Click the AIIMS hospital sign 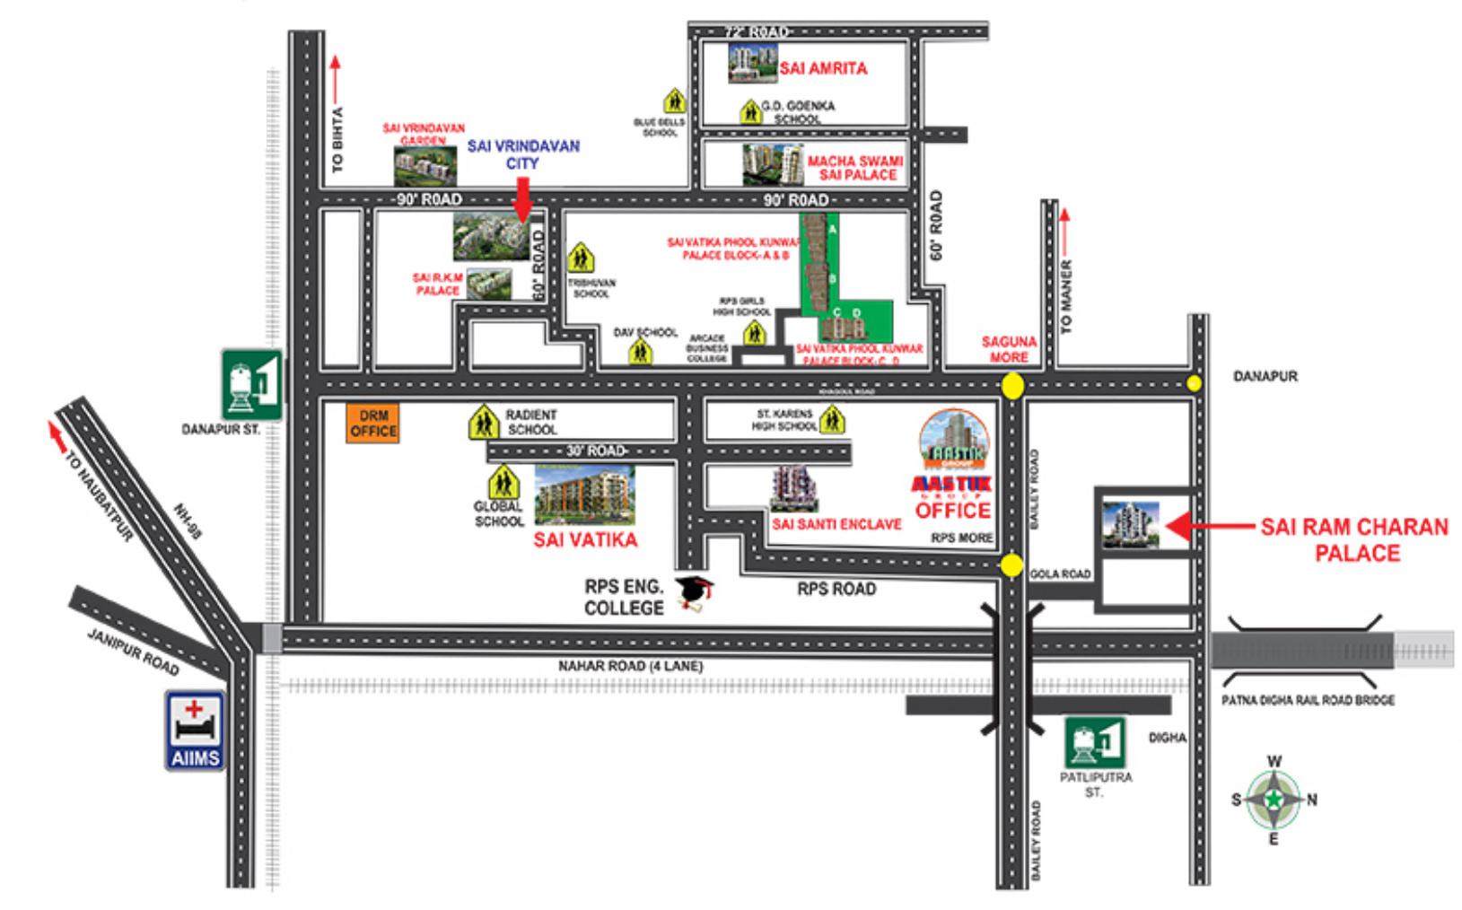[x=195, y=730]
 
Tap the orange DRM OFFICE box [x=373, y=423]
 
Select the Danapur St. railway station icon [x=252, y=384]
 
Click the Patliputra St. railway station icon [x=1094, y=742]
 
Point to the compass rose [x=1274, y=800]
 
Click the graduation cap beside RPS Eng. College [x=695, y=593]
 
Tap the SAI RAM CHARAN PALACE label [x=1354, y=539]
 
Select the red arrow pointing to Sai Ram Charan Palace [x=1208, y=526]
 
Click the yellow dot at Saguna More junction [x=1012, y=386]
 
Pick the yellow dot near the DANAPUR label [x=1194, y=383]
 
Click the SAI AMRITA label [x=823, y=68]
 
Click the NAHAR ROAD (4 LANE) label [x=630, y=666]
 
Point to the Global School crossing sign [x=503, y=483]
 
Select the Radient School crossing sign [x=484, y=422]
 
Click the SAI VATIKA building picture [x=584, y=494]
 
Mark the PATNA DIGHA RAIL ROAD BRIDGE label [x=1308, y=700]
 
